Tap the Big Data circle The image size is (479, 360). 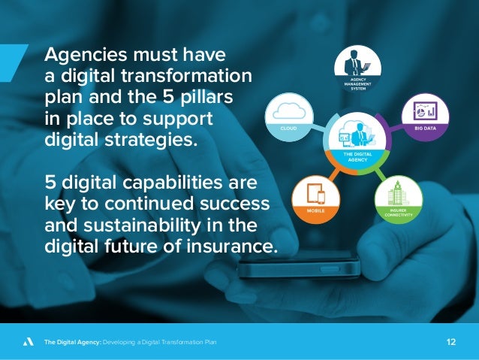coord(425,114)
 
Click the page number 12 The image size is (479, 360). coord(451,342)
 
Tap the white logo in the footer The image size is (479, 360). coord(28,342)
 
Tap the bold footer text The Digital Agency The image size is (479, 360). coord(71,343)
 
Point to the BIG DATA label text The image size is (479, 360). coord(425,128)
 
